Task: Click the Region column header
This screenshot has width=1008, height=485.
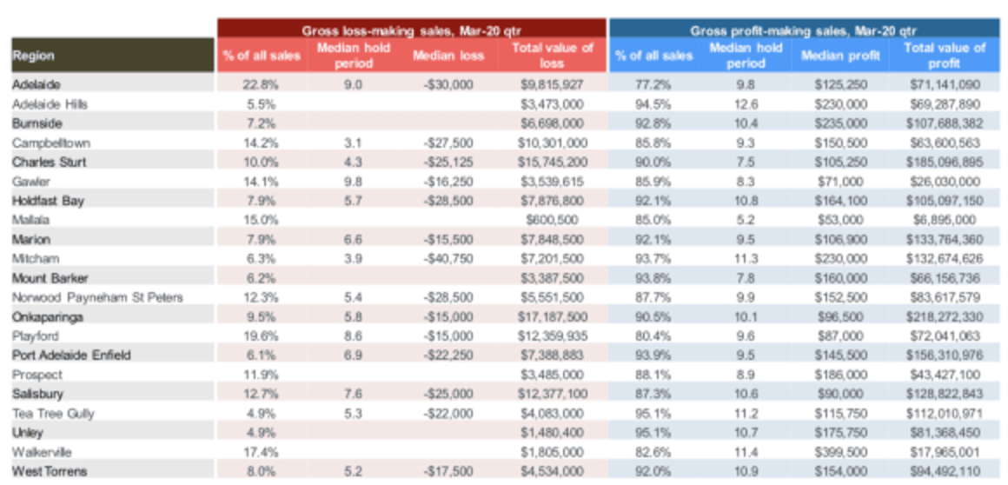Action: pyautogui.click(x=33, y=56)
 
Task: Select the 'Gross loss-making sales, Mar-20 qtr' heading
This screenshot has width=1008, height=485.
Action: pyautogui.click(x=411, y=30)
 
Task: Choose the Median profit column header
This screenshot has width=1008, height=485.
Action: pyautogui.click(x=839, y=56)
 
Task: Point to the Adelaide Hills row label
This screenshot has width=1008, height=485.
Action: pyautogui.click(x=50, y=104)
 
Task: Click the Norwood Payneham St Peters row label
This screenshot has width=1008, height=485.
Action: pyautogui.click(x=97, y=297)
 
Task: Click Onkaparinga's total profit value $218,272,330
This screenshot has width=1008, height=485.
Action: pyautogui.click(x=943, y=317)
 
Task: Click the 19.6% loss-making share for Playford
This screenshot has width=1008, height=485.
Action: pyautogui.click(x=261, y=336)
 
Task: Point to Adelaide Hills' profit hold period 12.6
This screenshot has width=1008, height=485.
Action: pyautogui.click(x=746, y=104)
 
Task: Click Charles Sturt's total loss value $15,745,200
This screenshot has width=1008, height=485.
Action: pyautogui.click(x=551, y=163)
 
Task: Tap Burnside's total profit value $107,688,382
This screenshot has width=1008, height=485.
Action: pyautogui.click(x=943, y=123)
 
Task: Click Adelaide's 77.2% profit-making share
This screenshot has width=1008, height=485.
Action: pyautogui.click(x=653, y=85)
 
